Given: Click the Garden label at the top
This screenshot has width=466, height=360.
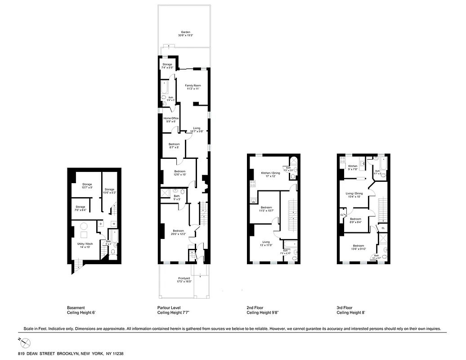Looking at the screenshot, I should click(185, 32).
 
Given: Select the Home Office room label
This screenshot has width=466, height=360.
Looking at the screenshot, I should click(171, 118).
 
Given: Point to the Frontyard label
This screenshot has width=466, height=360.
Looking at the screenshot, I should click(184, 279).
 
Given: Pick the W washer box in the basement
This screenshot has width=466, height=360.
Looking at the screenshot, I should click(113, 224).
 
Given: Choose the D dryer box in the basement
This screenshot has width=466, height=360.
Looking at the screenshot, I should click(101, 224).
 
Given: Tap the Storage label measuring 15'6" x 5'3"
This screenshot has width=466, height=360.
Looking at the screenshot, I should click(109, 189).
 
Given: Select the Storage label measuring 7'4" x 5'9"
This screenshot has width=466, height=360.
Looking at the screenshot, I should click(167, 64).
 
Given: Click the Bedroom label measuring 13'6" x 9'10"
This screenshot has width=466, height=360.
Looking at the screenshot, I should click(358, 246).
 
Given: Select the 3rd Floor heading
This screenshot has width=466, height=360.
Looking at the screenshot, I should click(344, 307).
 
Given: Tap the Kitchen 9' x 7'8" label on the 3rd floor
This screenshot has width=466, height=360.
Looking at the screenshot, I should click(352, 166).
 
